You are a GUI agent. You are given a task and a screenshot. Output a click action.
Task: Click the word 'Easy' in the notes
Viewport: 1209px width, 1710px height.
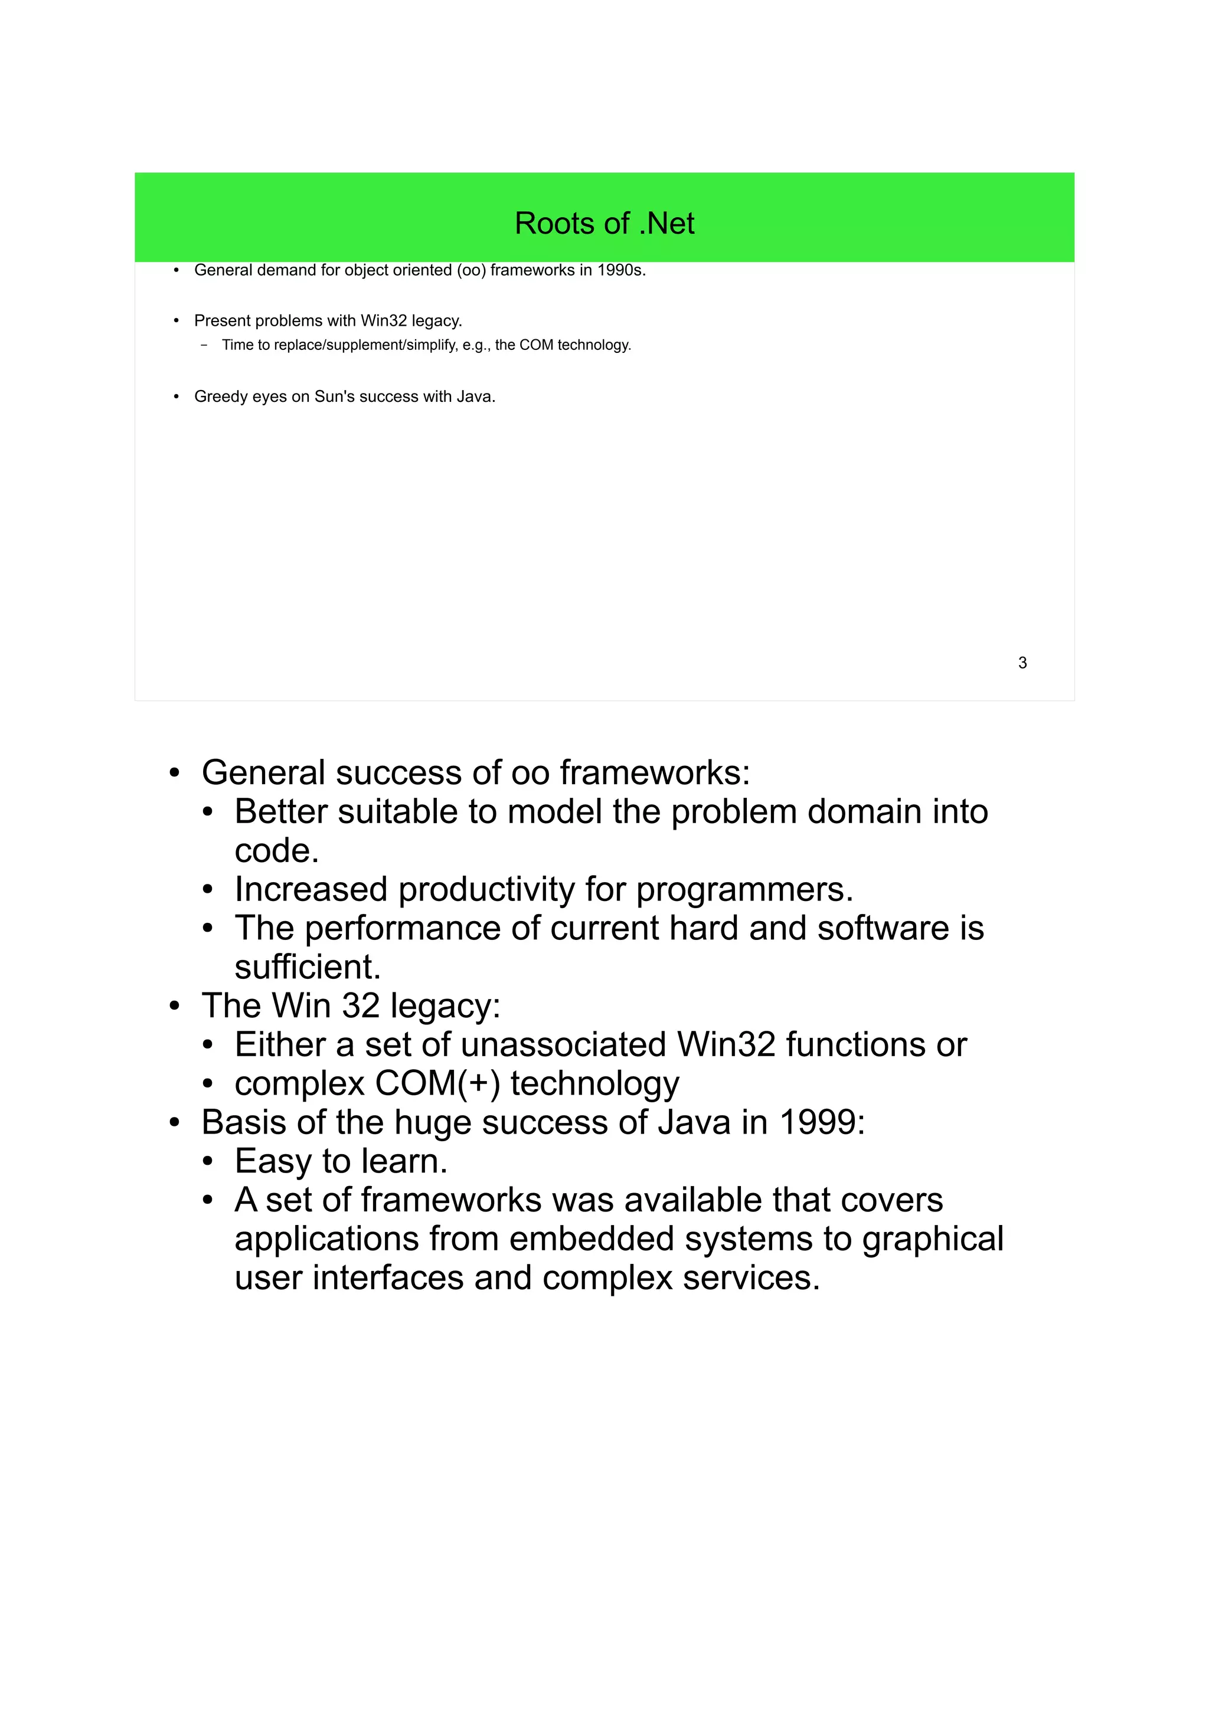point(273,1162)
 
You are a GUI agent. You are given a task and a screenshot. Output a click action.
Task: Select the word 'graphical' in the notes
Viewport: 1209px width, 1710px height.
point(933,1239)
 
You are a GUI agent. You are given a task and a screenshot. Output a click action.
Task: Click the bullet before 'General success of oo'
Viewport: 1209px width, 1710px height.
point(174,774)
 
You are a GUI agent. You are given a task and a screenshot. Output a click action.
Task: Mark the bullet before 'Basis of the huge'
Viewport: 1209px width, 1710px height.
point(174,1123)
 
